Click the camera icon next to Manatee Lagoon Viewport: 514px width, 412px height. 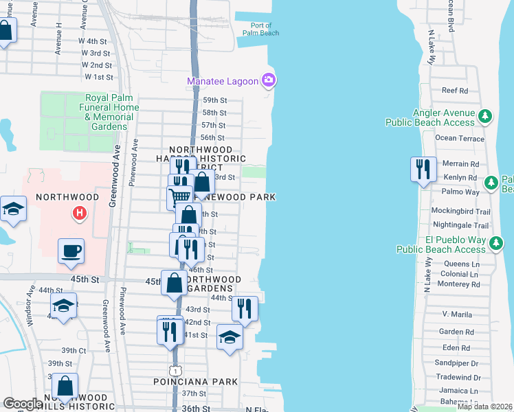[x=269, y=81]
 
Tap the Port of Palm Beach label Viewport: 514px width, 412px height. [x=260, y=28]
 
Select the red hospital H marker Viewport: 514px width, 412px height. [x=80, y=214]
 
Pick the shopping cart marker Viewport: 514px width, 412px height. [x=180, y=197]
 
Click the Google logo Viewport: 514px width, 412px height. [x=23, y=404]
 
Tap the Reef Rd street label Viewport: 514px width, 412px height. [x=454, y=90]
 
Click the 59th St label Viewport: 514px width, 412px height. [x=214, y=100]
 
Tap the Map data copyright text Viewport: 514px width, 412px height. [x=484, y=407]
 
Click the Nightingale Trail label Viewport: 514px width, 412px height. [x=460, y=225]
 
